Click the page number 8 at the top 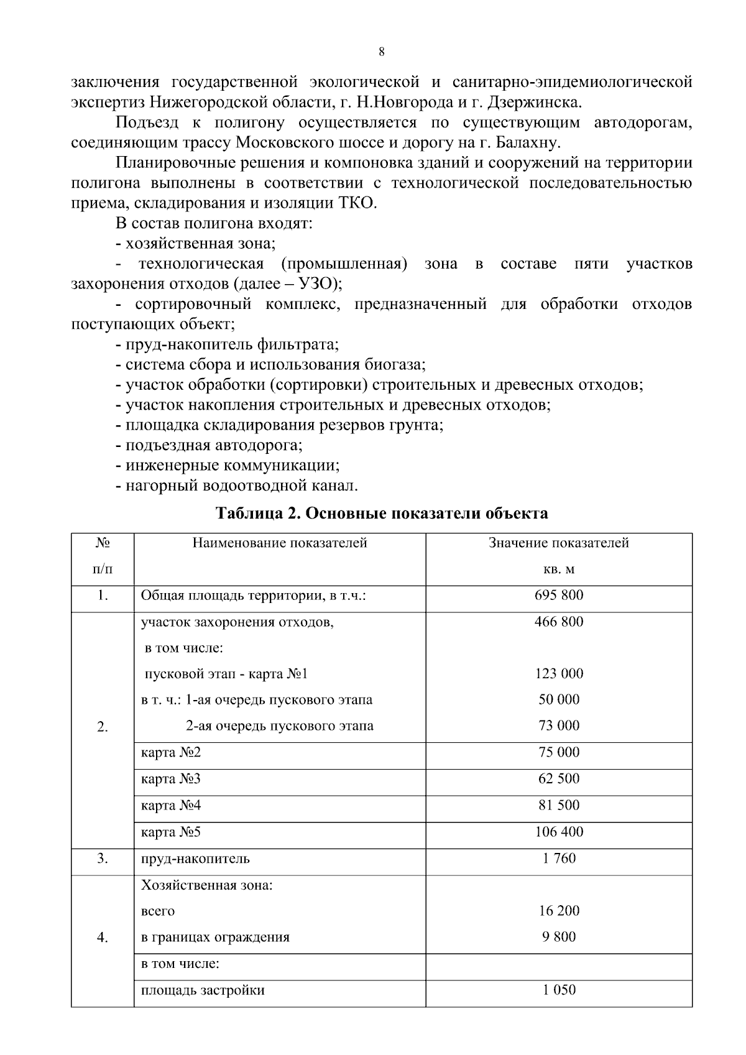tap(381, 52)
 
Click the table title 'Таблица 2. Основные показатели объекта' tap(382, 514)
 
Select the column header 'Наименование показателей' tap(280, 543)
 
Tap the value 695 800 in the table tap(559, 595)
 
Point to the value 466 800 tap(559, 622)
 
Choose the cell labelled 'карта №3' tap(171, 779)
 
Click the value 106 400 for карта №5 tap(559, 832)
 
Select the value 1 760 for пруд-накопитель tap(559, 859)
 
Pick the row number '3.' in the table tap(103, 859)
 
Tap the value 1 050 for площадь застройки tap(559, 990)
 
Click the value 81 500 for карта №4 tap(559, 805)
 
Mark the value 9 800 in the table tap(559, 937)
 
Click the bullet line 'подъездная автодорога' tap(214, 446)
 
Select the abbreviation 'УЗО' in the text tap(308, 284)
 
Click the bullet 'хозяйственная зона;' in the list tap(200, 243)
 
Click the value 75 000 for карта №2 tap(559, 752)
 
